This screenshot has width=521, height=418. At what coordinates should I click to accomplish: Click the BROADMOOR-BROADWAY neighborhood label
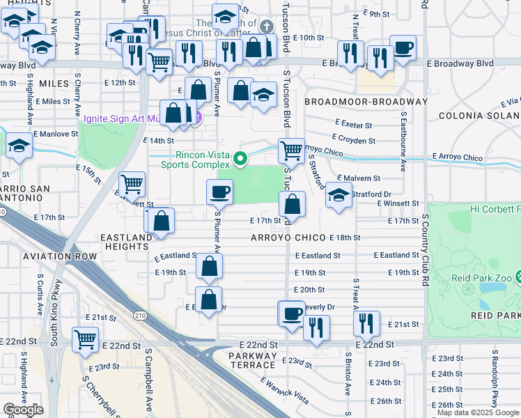(366, 102)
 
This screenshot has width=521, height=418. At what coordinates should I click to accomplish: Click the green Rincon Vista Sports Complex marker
(240, 160)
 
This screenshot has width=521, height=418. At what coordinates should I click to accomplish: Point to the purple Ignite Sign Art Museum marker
(197, 118)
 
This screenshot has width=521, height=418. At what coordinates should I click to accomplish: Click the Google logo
(23, 410)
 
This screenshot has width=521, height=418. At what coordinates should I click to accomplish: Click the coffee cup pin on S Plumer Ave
(219, 190)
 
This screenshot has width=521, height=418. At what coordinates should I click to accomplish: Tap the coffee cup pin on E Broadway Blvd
(403, 47)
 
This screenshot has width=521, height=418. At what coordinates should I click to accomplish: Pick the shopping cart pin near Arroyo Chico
(290, 149)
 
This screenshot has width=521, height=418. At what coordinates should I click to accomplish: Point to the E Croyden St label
(354, 140)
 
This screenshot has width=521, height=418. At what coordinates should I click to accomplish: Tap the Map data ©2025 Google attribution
(477, 412)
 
